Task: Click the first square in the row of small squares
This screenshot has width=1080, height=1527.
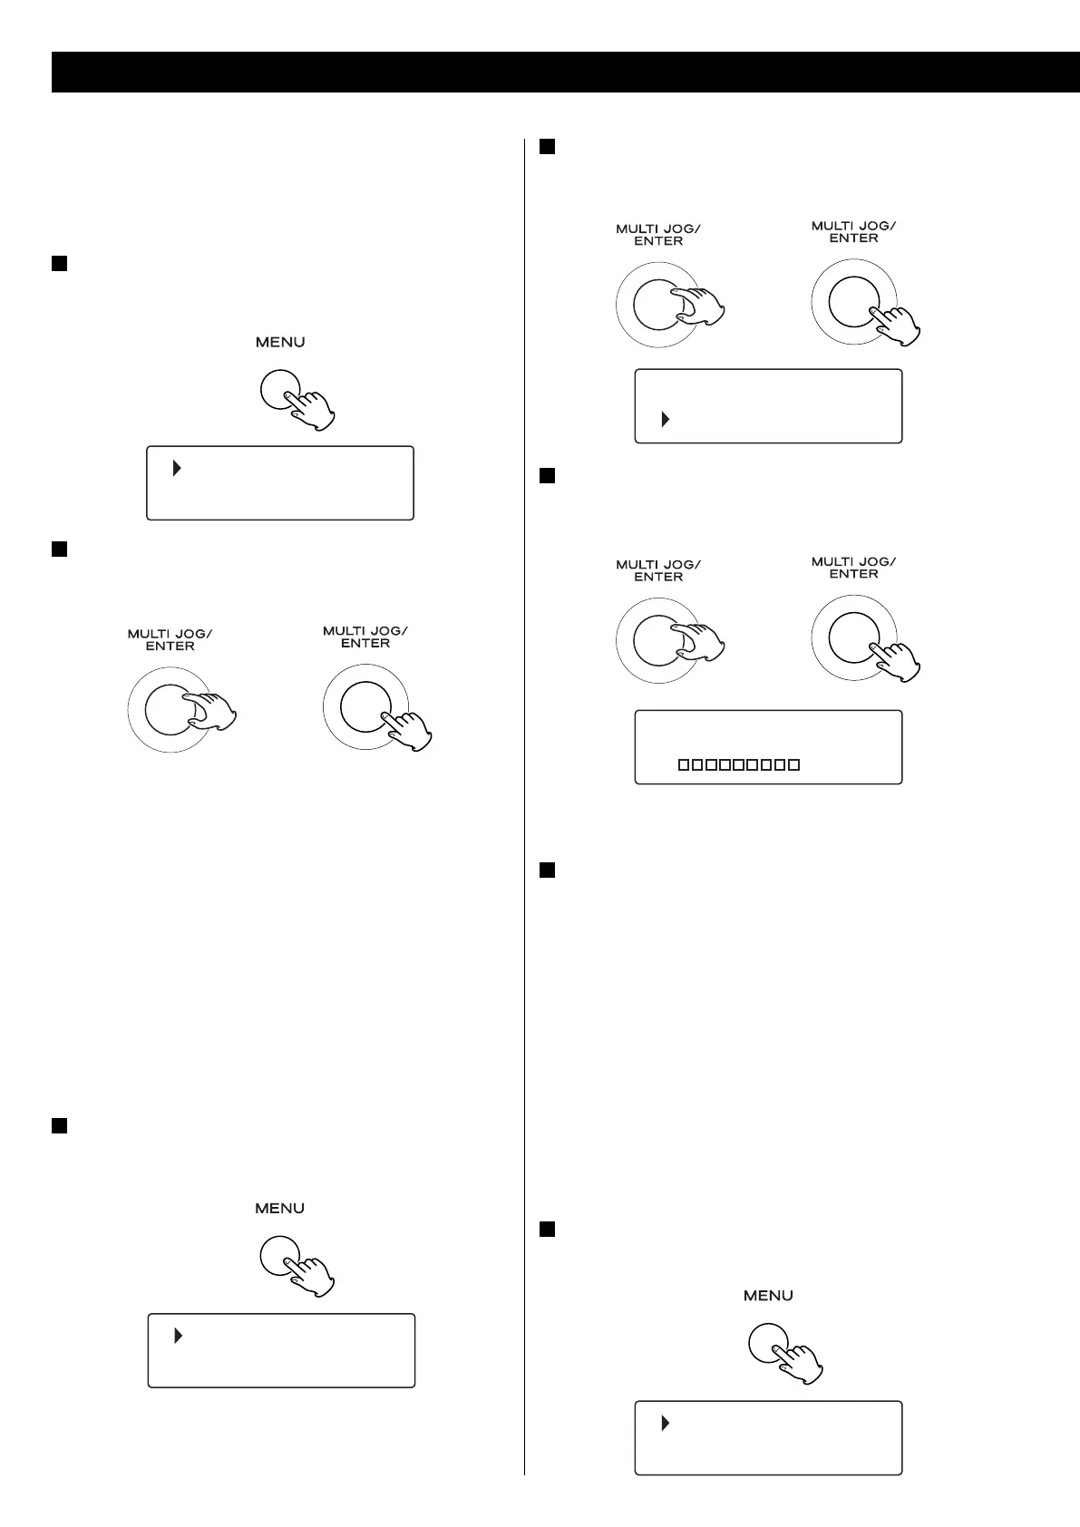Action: pos(684,765)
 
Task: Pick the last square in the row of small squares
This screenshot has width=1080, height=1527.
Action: pos(794,765)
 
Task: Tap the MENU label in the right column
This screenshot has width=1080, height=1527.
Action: pos(768,1296)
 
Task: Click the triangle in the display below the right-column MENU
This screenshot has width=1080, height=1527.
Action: pos(665,1424)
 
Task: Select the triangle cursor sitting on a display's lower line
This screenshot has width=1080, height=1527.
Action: pos(665,420)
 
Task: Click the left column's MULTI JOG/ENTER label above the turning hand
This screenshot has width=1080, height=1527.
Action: pos(170,639)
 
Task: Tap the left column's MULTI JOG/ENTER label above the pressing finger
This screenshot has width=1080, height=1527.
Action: pos(365,637)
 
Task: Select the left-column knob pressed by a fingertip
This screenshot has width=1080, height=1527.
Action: pos(365,706)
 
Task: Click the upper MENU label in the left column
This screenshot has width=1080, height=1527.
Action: pos(279,342)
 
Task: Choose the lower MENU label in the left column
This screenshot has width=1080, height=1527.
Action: pos(279,1208)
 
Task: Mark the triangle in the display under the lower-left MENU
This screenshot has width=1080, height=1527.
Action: pos(178,1336)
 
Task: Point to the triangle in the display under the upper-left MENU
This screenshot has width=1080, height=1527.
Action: pos(177,469)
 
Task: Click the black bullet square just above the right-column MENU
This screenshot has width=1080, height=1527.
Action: pos(547,1229)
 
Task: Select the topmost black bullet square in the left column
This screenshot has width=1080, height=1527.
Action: pos(59,263)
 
